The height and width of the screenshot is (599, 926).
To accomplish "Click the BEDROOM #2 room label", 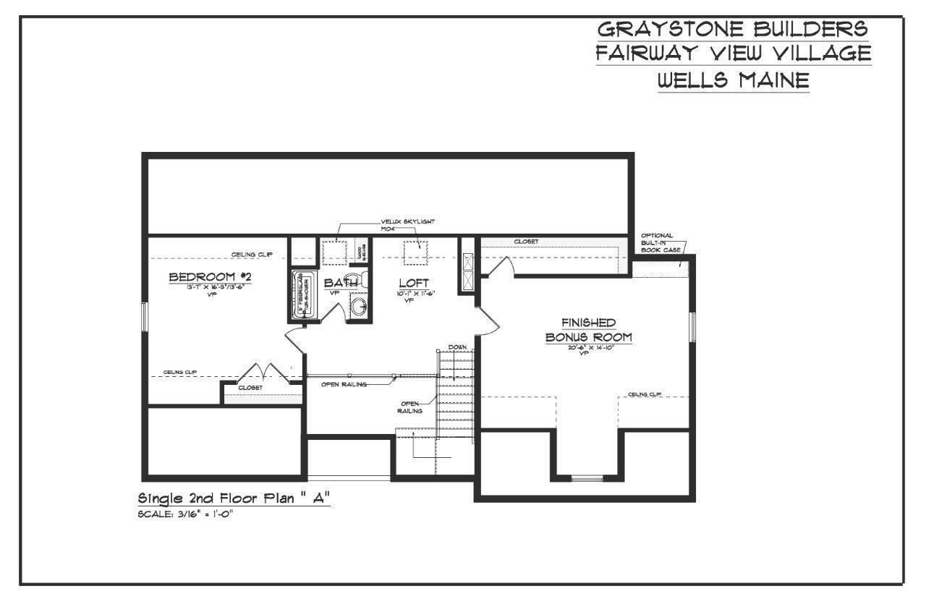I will pyautogui.click(x=210, y=277).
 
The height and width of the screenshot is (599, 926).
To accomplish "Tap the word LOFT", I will pyautogui.click(x=414, y=282).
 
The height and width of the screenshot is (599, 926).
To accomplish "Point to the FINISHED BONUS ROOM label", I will pyautogui.click(x=589, y=330).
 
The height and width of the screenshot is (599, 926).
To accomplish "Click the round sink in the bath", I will pyautogui.click(x=360, y=307).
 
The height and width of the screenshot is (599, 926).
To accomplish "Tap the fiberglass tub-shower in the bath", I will pyautogui.click(x=300, y=297).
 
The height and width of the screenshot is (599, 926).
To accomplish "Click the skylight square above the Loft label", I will pyautogui.click(x=416, y=250).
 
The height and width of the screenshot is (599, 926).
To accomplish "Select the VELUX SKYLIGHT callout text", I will pyautogui.click(x=407, y=221).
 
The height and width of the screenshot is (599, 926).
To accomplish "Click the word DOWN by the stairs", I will pyautogui.click(x=456, y=347).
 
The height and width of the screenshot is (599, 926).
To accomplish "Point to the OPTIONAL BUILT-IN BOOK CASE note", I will pyautogui.click(x=657, y=242).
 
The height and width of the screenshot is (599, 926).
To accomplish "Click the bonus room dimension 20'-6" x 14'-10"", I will pyautogui.click(x=589, y=348).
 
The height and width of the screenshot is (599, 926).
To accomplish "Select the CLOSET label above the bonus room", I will pyautogui.click(x=526, y=242).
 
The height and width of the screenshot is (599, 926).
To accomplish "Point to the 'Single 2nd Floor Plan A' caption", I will pyautogui.click(x=234, y=498).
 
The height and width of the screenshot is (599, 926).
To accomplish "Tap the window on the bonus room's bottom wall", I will pyautogui.click(x=587, y=477).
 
